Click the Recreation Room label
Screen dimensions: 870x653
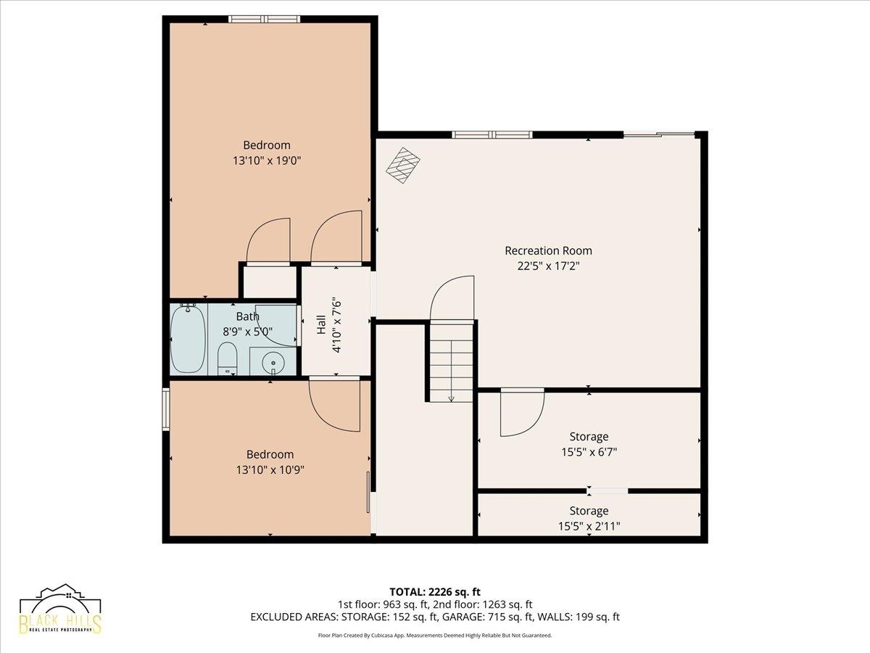click(548, 250)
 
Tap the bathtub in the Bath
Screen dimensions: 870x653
click(188, 338)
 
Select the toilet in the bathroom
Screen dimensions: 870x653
click(227, 358)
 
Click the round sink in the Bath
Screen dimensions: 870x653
click(273, 361)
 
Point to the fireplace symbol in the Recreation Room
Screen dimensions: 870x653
click(402, 165)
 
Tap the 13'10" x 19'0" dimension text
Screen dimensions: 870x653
click(267, 160)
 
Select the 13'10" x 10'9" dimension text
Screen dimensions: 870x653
click(270, 470)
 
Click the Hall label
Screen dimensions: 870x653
click(321, 325)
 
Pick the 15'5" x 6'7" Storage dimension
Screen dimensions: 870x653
click(589, 451)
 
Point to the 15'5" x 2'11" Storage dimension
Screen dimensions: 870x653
click(589, 526)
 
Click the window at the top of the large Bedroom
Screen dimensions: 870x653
click(265, 19)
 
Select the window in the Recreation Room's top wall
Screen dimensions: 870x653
click(492, 135)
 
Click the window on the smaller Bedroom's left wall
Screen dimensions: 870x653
click(166, 408)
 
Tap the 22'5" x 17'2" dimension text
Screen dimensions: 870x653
click(549, 266)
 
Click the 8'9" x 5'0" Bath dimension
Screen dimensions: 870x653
click(248, 331)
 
